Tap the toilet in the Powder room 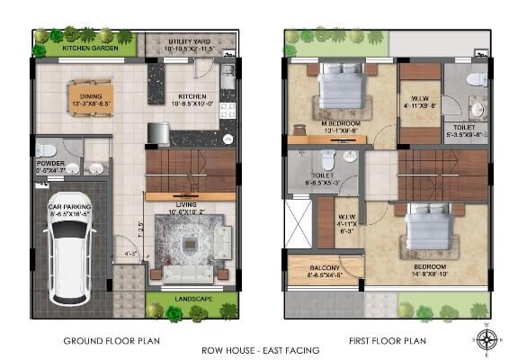50,150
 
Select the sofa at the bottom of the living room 187,275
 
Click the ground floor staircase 191,170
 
